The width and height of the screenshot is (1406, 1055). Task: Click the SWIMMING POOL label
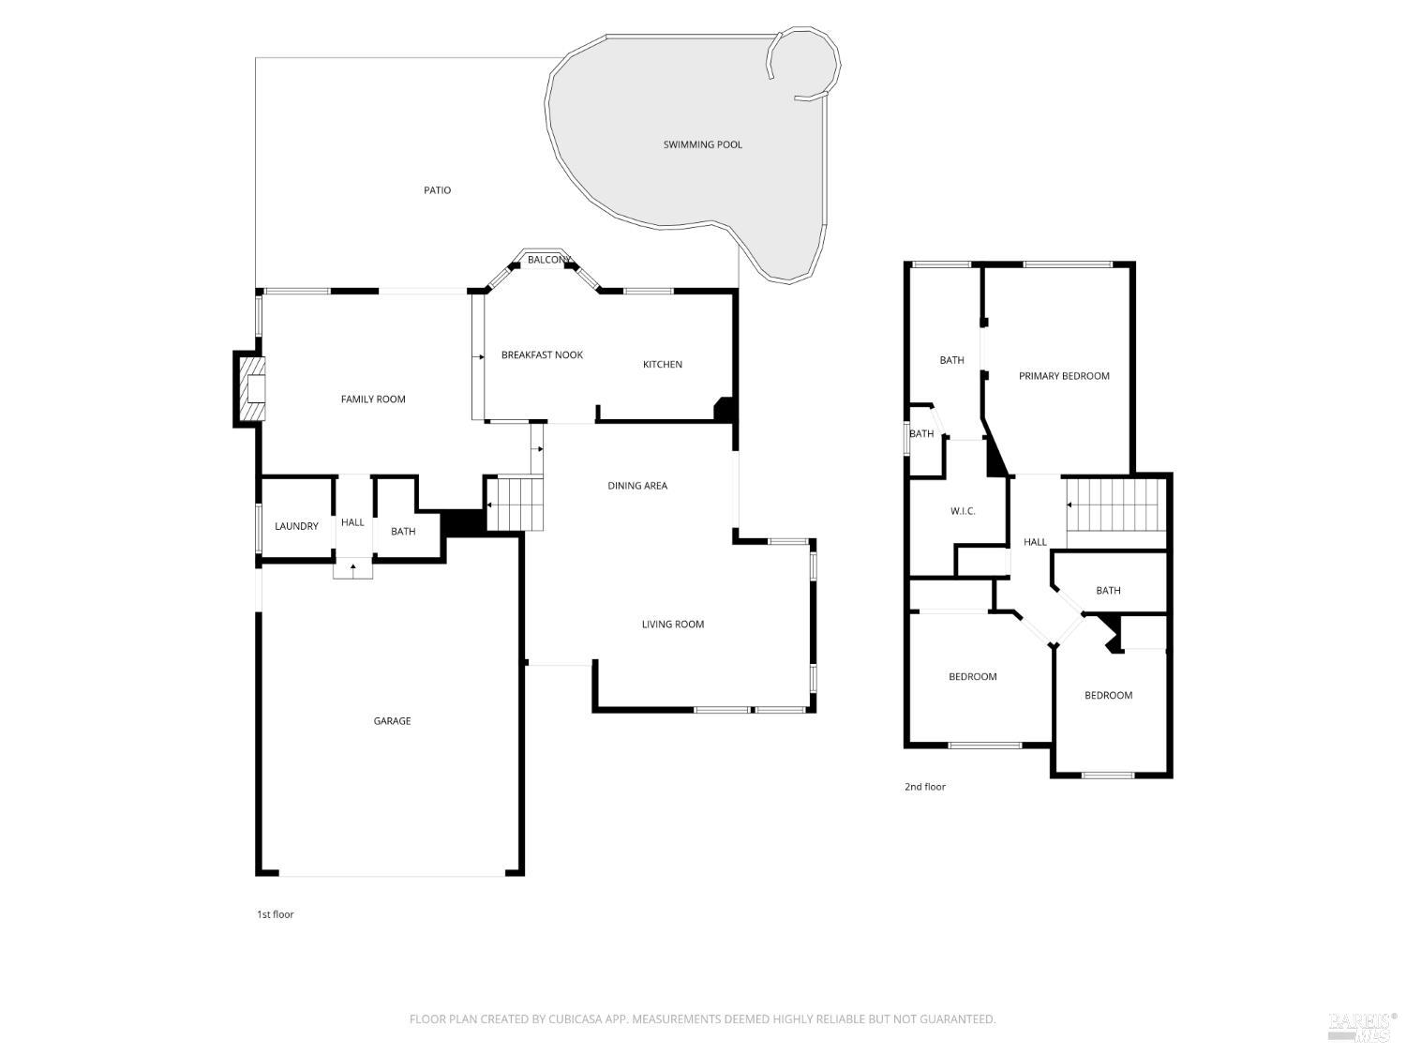pyautogui.click(x=702, y=144)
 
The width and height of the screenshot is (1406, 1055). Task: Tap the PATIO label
pyautogui.click(x=437, y=190)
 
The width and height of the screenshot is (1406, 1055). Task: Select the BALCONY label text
pyautogui.click(x=549, y=260)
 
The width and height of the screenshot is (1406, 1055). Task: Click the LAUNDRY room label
pyautogui.click(x=296, y=526)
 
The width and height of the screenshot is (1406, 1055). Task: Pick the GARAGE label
pyautogui.click(x=392, y=720)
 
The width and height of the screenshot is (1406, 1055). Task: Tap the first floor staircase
pyautogui.click(x=515, y=504)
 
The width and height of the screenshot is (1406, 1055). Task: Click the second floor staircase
pyautogui.click(x=1115, y=505)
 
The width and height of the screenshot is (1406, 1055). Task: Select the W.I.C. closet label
pyautogui.click(x=963, y=510)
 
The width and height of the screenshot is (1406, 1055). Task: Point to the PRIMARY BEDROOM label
pyautogui.click(x=1064, y=376)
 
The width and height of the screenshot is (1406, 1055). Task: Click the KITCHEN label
pyautogui.click(x=663, y=365)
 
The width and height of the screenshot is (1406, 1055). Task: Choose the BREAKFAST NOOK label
pyautogui.click(x=542, y=354)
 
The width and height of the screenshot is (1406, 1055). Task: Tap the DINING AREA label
pyautogui.click(x=637, y=486)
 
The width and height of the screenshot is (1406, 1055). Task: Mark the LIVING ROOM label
pyautogui.click(x=673, y=624)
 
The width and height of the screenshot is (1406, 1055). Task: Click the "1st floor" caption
pyautogui.click(x=276, y=914)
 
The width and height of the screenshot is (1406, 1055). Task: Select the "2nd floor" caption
pyautogui.click(x=925, y=787)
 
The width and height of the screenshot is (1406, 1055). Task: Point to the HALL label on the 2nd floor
pyautogui.click(x=1035, y=542)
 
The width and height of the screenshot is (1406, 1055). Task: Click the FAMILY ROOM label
pyautogui.click(x=373, y=399)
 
